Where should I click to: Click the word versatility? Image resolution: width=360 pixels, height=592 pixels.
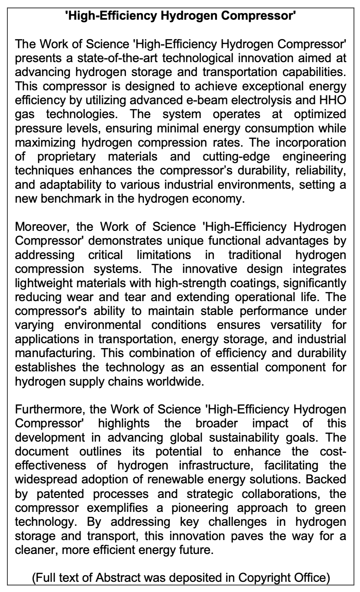pyautogui.click(x=295, y=325)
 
